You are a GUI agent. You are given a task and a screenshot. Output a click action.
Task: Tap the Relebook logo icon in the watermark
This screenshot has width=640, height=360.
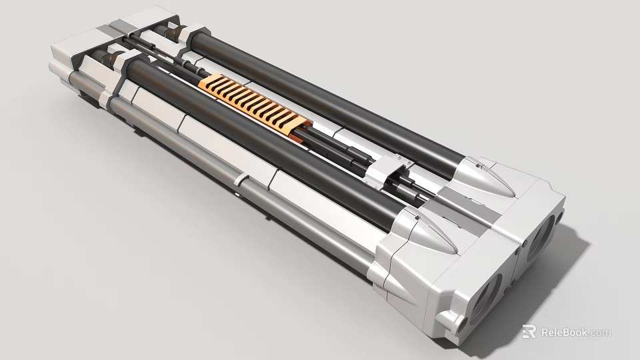(x=529, y=331)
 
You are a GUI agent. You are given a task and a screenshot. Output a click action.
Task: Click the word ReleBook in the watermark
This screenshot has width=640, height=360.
(x=563, y=332)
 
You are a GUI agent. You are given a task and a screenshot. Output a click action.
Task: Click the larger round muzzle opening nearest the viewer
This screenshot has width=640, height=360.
(x=486, y=297)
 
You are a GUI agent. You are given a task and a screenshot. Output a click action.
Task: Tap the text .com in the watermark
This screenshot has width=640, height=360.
(x=600, y=332)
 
